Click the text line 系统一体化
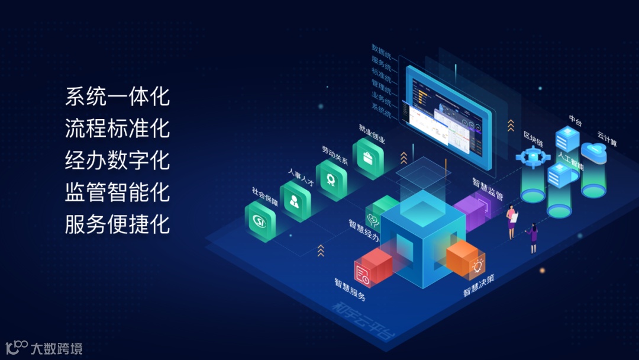[x=117, y=97]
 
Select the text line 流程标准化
[x=117, y=128]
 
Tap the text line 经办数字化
[x=117, y=160]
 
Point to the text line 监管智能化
[x=117, y=192]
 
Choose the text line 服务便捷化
[x=117, y=224]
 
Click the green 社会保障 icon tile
[x=260, y=221]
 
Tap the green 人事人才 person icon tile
[x=295, y=201]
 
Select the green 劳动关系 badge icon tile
[x=331, y=179]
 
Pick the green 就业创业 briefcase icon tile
[x=368, y=158]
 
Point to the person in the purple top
[x=533, y=237]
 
